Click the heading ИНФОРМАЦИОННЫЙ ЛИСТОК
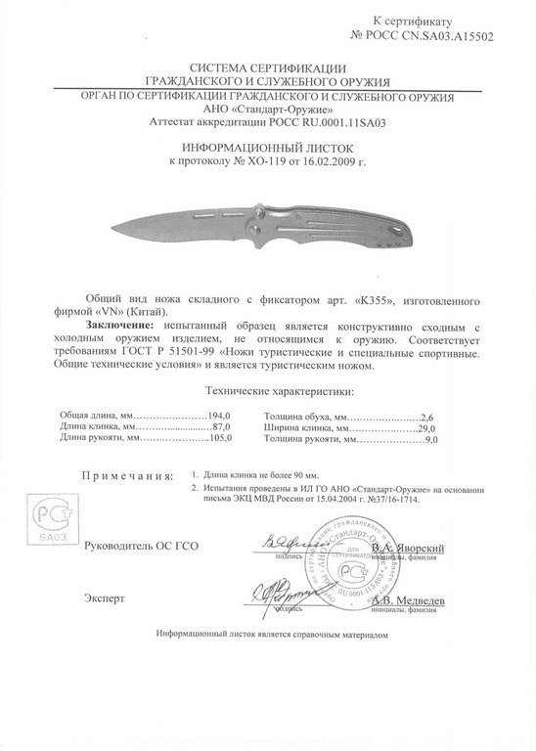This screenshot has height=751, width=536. coord(268,143)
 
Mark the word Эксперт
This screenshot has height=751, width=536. coord(107,596)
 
